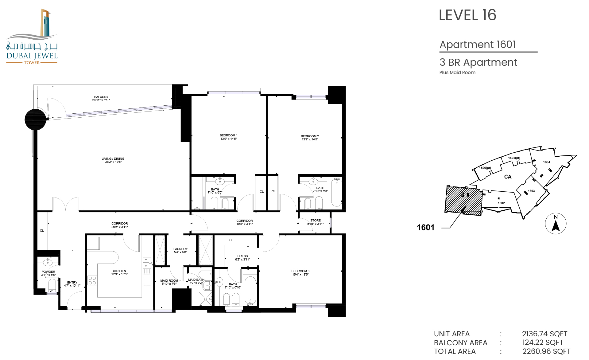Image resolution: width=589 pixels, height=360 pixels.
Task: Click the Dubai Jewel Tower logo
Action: [32, 37]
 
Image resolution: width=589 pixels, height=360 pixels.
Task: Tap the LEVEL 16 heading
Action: [467, 15]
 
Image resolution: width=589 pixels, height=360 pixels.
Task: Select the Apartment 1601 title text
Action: [478, 45]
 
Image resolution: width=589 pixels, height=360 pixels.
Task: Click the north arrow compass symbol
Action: [556, 223]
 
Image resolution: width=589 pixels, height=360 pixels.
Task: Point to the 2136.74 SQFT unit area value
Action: [544, 334]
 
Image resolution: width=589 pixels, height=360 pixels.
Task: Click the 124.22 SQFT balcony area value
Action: [543, 342]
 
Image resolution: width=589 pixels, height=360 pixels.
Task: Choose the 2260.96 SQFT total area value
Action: [546, 351]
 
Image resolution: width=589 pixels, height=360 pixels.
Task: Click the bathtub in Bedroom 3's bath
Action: [250, 290]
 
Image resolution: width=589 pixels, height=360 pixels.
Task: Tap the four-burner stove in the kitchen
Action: [92, 280]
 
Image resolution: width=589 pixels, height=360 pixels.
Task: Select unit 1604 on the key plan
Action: [546, 162]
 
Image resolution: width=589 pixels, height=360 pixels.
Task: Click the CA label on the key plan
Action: [508, 177]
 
